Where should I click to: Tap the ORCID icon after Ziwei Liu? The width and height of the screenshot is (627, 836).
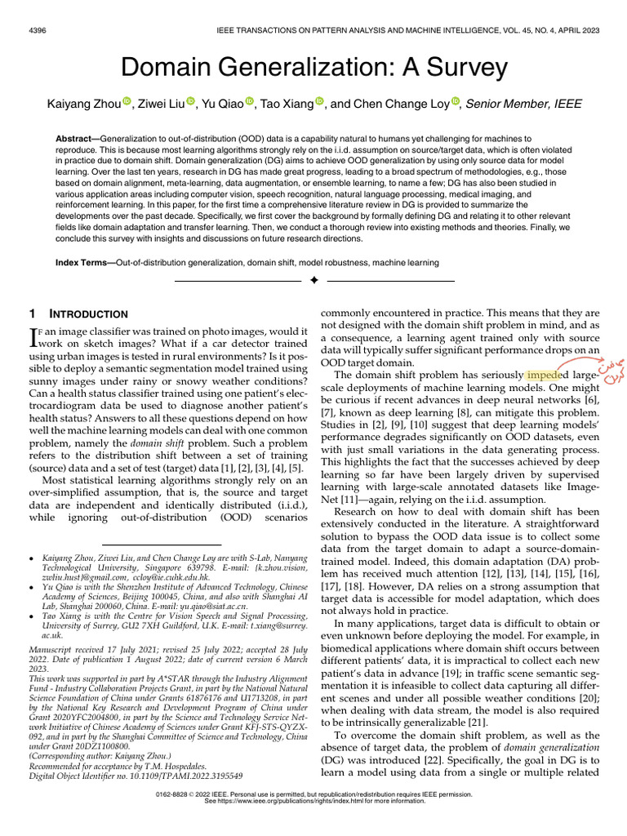point(191,101)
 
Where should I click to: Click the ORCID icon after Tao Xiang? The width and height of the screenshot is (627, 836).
point(319,101)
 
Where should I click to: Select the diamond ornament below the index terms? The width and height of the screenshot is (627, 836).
point(313,280)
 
